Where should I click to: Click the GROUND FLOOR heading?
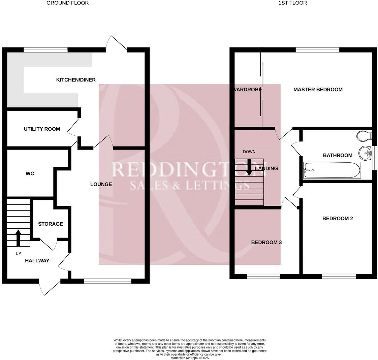(67, 3)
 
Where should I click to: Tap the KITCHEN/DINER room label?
(76, 80)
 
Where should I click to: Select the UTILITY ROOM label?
(42, 129)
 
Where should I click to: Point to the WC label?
(30, 174)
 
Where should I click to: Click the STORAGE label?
(50, 224)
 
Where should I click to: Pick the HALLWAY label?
(37, 261)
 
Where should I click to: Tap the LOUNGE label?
(101, 184)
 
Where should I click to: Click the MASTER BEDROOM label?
(318, 90)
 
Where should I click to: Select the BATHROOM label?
(338, 155)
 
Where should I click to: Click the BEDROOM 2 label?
(338, 219)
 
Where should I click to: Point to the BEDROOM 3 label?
(266, 242)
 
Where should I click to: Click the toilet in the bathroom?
(363, 136)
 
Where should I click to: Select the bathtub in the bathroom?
(332, 170)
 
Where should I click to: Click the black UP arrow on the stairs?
(18, 237)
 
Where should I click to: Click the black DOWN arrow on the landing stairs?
(249, 167)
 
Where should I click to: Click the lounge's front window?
(107, 281)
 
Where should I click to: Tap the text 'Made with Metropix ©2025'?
(190, 358)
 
